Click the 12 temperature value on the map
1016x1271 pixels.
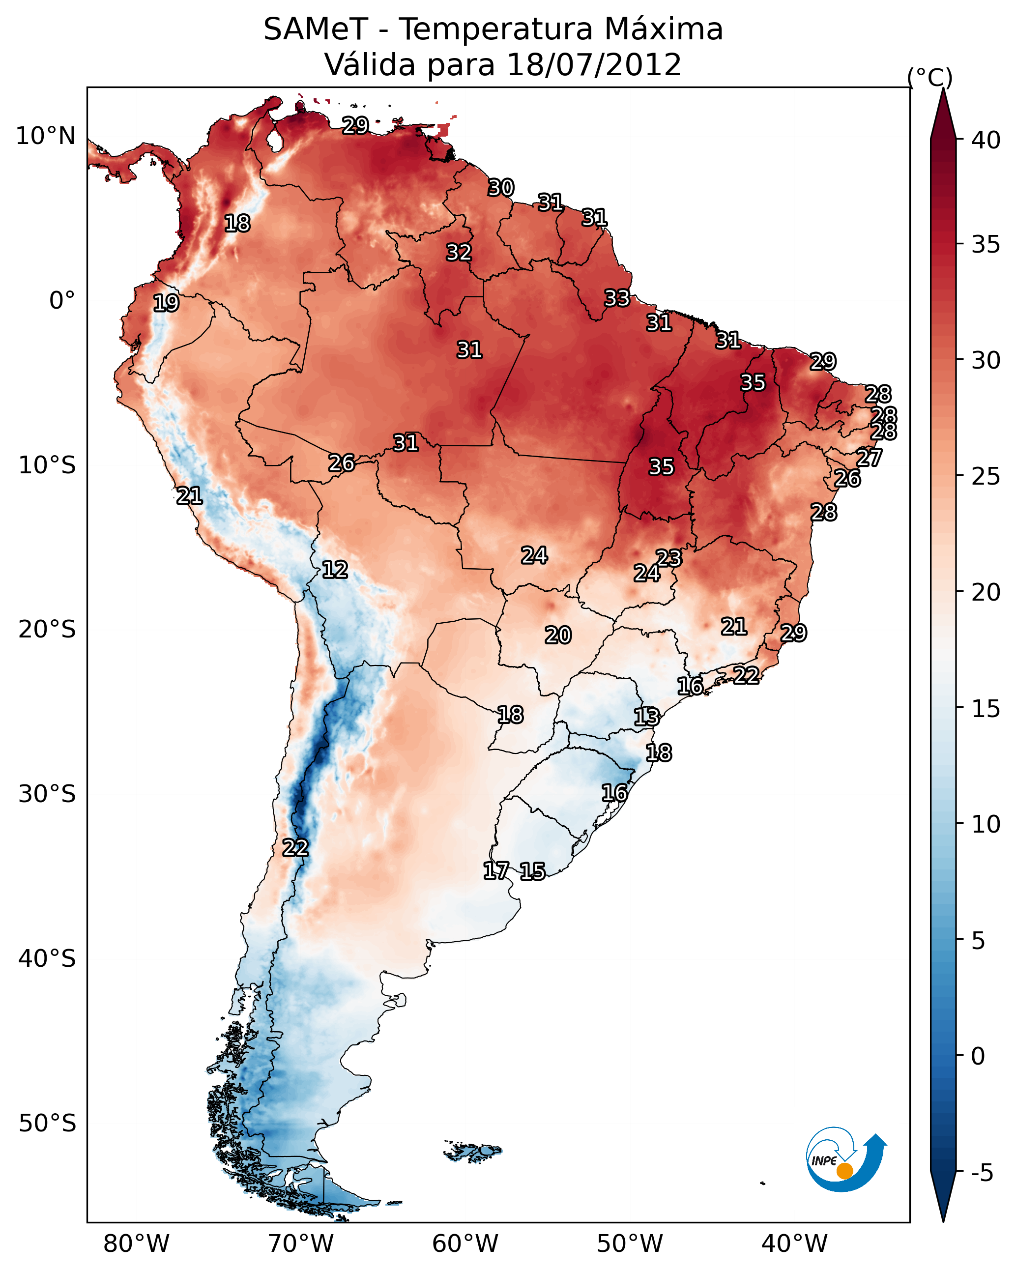[334, 570]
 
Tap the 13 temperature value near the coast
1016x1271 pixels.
[646, 717]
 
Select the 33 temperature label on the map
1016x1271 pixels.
[617, 298]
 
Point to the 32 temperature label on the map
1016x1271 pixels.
[458, 252]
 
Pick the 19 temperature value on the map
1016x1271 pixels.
[166, 303]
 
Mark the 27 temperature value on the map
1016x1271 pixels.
[869, 458]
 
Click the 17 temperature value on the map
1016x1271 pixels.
[496, 871]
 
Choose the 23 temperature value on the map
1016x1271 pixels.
[668, 558]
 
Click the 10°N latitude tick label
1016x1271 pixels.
[45, 136]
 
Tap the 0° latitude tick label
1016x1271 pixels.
[62, 301]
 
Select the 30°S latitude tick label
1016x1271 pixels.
[47, 794]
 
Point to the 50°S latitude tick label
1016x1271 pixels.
[47, 1123]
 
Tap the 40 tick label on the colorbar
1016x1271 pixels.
[986, 140]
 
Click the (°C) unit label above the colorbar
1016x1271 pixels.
[930, 77]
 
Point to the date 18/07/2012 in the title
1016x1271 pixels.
[593, 65]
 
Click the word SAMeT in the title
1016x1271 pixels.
[316, 29]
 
